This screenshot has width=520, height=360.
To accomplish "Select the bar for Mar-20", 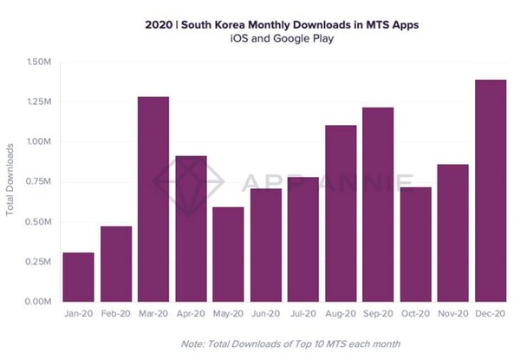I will (x=153, y=199).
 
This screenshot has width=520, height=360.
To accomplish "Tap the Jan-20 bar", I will (x=79, y=277).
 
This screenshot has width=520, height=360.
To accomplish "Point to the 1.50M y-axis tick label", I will (x=38, y=62).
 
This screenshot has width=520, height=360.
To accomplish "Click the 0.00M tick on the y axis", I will (x=38, y=301).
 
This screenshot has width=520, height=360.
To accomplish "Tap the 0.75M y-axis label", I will (x=38, y=181).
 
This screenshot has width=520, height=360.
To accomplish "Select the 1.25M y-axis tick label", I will (x=38, y=101).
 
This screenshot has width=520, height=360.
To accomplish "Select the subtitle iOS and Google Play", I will (x=260, y=40).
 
